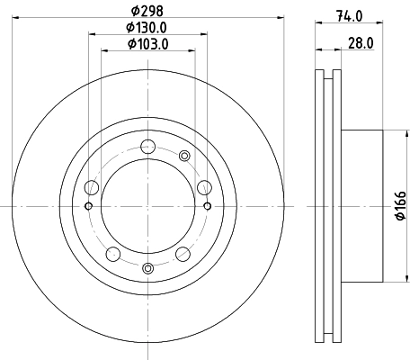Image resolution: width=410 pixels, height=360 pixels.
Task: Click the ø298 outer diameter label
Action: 148,11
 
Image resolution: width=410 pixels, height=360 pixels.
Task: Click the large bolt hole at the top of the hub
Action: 148,146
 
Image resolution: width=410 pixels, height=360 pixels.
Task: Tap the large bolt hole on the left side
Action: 91,188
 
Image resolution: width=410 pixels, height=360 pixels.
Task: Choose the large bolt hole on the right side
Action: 204,187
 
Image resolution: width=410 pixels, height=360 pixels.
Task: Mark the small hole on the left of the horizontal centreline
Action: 88,206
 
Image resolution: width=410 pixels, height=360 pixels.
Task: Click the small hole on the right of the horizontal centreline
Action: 208,206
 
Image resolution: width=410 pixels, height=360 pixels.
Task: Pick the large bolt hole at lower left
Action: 112,253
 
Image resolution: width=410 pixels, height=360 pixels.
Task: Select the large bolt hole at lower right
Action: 183,253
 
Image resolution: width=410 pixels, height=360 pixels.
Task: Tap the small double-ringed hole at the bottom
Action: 148,266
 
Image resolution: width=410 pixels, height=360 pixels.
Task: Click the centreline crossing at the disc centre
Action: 148,206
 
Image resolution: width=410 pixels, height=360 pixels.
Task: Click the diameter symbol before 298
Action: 135,11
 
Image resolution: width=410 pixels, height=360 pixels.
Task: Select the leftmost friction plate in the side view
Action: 319,206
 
